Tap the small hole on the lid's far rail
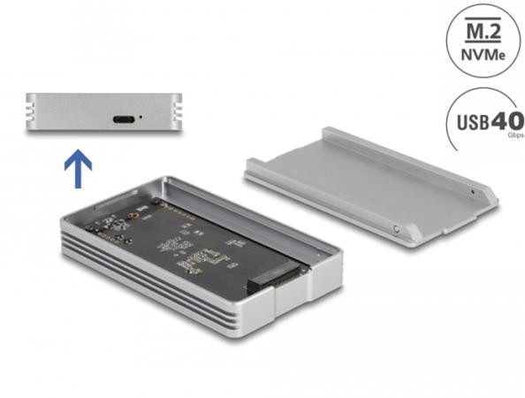(x=474, y=190)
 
